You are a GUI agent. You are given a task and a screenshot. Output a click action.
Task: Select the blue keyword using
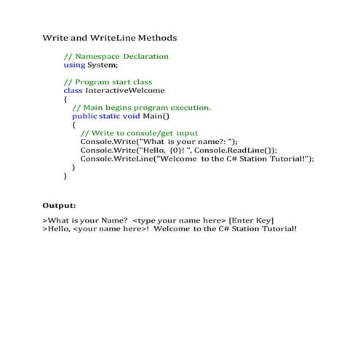74,65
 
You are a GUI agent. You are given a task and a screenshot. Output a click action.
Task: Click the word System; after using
103,65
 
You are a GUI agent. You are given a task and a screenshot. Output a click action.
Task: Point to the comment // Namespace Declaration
116,56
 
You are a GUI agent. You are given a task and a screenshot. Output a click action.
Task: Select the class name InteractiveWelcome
125,91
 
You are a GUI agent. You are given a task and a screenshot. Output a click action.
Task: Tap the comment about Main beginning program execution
141,108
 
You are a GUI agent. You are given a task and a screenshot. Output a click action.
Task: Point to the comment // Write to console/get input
138,133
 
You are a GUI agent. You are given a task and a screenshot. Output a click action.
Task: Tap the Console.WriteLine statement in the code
196,159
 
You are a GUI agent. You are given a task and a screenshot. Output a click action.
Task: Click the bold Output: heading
59,206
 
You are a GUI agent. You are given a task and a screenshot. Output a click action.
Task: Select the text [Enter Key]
251,220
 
